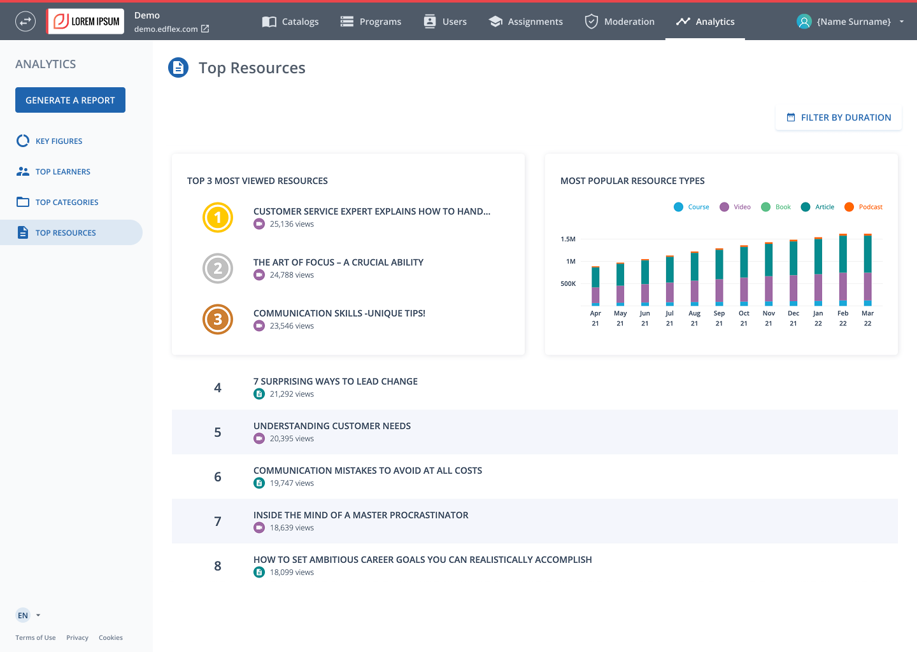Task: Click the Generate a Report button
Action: click(71, 100)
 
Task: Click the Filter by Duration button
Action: click(839, 117)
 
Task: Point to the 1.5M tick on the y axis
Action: click(568, 239)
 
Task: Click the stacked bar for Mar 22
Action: click(867, 270)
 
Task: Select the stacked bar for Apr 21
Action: click(595, 286)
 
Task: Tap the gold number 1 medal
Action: click(218, 217)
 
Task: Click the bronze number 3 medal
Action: click(218, 319)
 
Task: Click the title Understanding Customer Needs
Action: click(332, 426)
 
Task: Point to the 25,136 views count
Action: click(292, 224)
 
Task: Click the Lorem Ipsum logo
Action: click(85, 21)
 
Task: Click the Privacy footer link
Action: click(78, 637)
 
